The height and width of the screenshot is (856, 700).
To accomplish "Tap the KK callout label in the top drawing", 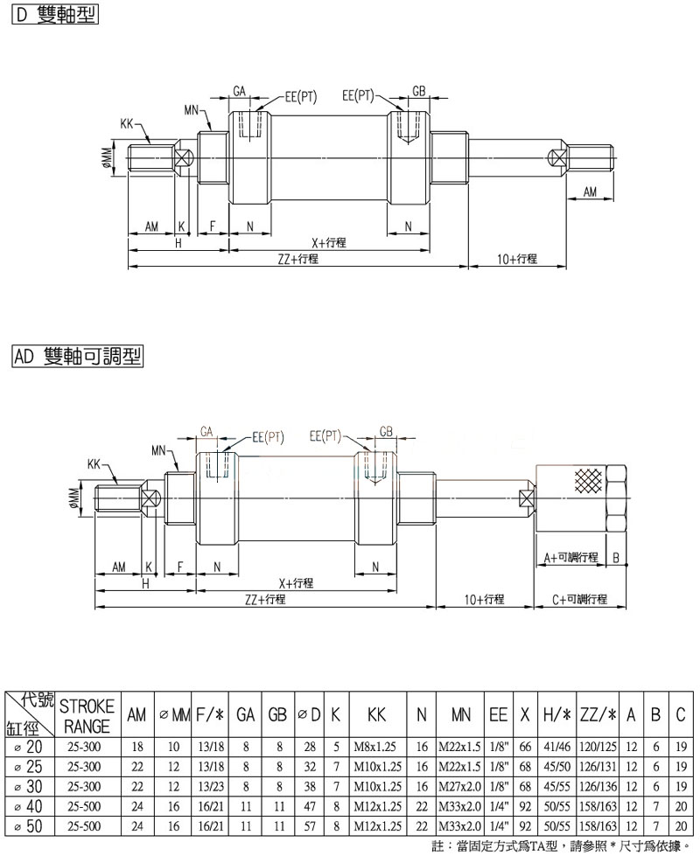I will tap(127, 125).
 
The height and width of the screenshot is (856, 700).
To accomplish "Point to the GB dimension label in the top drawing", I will tap(419, 92).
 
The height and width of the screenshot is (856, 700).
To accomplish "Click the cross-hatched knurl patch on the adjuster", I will tap(587, 482).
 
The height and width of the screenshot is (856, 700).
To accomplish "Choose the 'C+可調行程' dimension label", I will tap(579, 599).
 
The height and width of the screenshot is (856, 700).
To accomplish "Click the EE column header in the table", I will tap(499, 715).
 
